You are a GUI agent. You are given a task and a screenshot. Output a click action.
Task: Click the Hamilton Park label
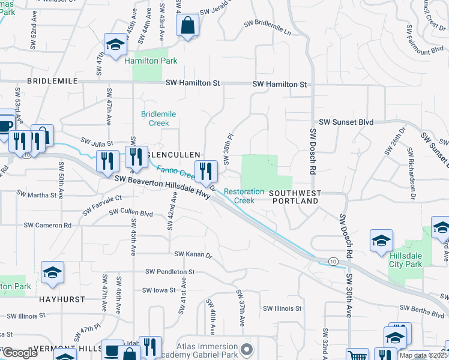(x=150, y=61)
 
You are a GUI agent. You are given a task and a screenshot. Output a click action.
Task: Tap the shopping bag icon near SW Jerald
(x=188, y=26)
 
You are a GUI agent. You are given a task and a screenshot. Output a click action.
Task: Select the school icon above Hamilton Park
(x=115, y=44)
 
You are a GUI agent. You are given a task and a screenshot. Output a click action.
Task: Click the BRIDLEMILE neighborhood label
(x=52, y=80)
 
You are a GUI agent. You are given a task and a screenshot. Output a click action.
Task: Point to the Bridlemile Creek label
(x=155, y=118)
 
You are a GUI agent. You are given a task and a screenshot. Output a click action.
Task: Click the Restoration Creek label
(x=244, y=196)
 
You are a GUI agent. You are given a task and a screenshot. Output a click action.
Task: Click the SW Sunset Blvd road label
(x=346, y=122)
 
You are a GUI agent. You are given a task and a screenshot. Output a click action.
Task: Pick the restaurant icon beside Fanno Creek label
(x=205, y=171)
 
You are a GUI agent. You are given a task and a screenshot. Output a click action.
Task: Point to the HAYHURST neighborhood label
(x=60, y=298)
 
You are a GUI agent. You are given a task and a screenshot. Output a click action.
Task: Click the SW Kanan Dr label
(x=193, y=256)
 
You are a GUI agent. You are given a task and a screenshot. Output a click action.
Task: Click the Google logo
(x=20, y=353)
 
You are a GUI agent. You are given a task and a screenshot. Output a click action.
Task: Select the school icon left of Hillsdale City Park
(x=381, y=241)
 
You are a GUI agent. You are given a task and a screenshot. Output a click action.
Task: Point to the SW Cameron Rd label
(x=47, y=225)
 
